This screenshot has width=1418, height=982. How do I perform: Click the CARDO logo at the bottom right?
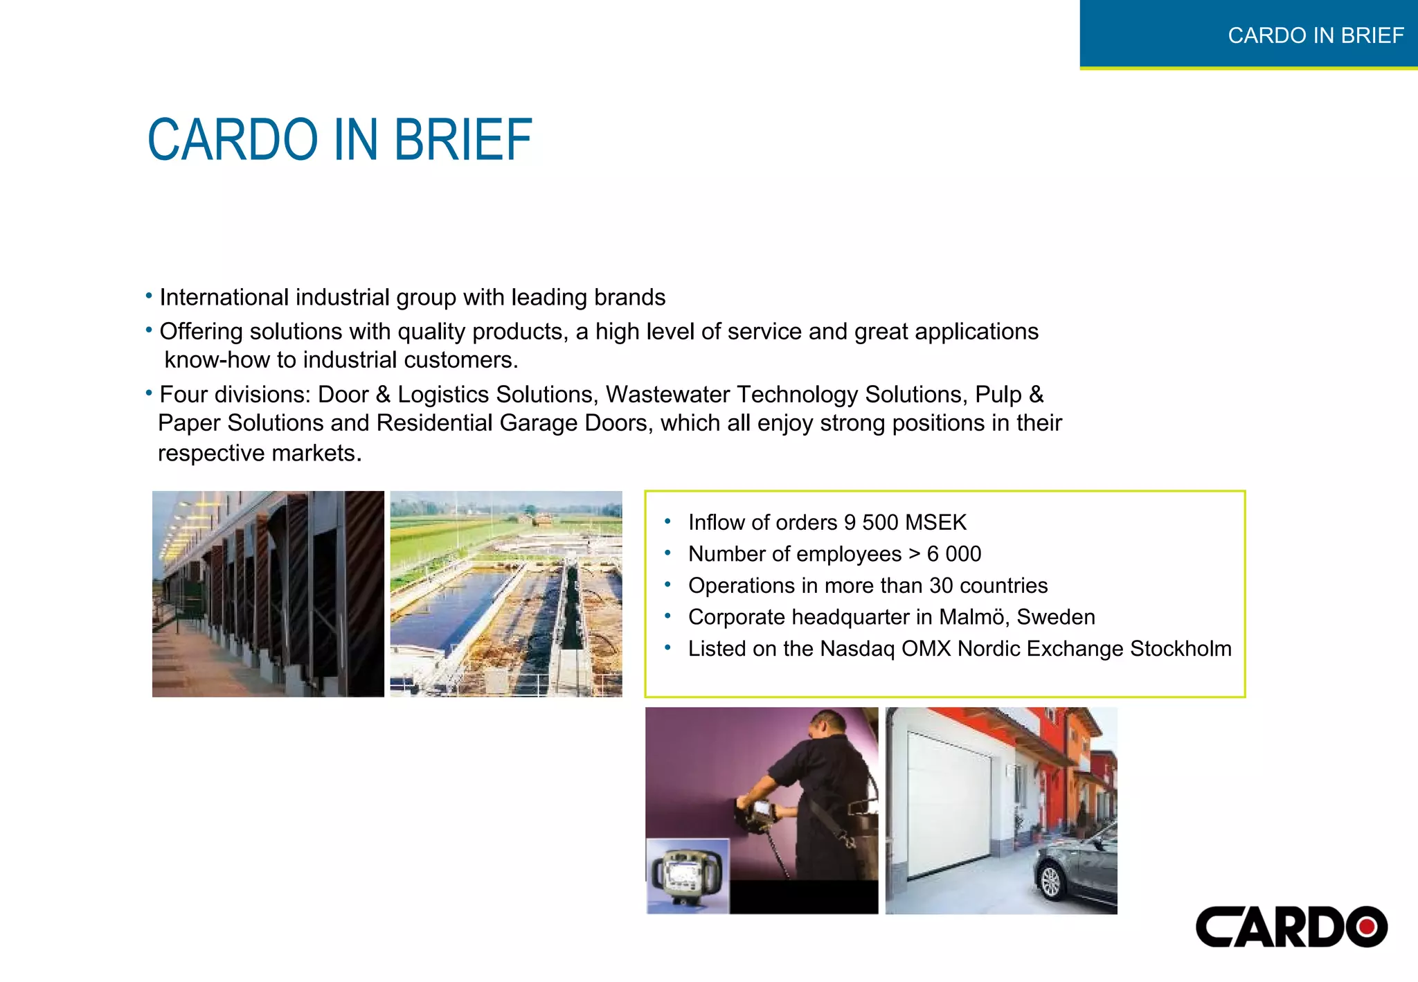pos(1291,927)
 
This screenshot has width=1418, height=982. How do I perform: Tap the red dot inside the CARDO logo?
pos(1367,927)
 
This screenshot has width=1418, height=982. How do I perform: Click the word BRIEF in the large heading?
pos(463,140)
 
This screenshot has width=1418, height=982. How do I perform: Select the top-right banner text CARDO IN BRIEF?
pos(1316,35)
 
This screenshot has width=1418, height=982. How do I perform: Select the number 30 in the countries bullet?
pos(941,586)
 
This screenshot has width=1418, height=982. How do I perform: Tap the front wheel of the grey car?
pos(1051,881)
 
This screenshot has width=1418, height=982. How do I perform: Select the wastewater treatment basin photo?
pos(506,594)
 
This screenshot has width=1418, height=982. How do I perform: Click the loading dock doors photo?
pos(268,594)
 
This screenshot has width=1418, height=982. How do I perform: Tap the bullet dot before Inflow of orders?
pos(667,521)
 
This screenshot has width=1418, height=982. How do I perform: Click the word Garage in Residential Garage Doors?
pos(538,423)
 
